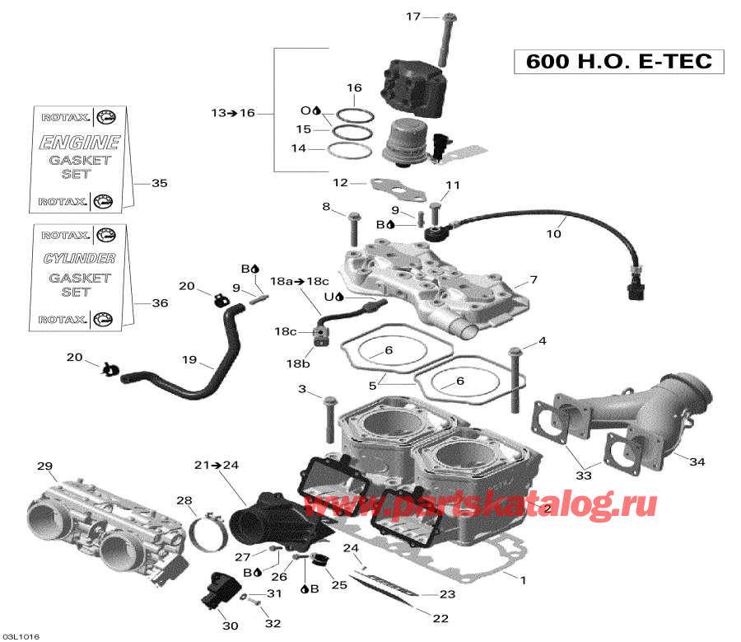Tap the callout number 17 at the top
(x=412, y=16)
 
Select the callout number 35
(x=159, y=183)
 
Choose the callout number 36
(x=159, y=303)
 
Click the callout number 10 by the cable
(x=553, y=234)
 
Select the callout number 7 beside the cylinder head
(x=533, y=280)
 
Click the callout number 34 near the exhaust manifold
(x=697, y=462)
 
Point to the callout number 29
(x=44, y=467)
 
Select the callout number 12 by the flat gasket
(x=340, y=183)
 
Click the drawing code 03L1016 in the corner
(x=21, y=636)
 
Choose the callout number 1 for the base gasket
(x=521, y=579)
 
